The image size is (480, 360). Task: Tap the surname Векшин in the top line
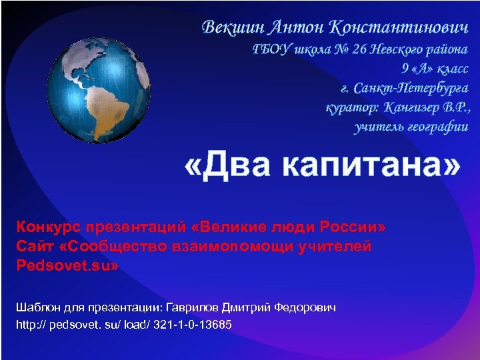235,29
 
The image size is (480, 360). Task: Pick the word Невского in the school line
393,49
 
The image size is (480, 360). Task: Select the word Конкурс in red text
47,229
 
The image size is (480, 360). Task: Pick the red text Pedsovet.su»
68,265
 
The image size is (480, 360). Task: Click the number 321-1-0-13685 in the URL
191,325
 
